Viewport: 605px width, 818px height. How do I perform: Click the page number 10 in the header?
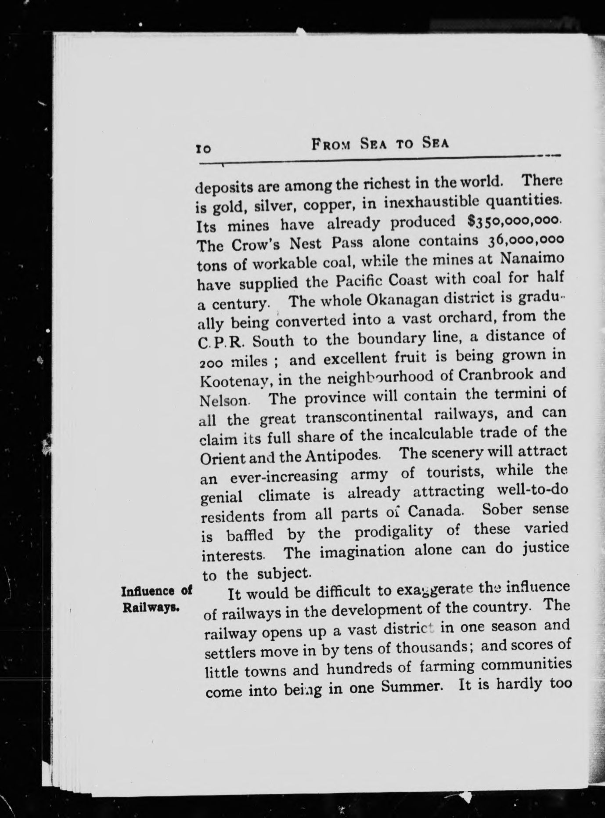pyautogui.click(x=203, y=148)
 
